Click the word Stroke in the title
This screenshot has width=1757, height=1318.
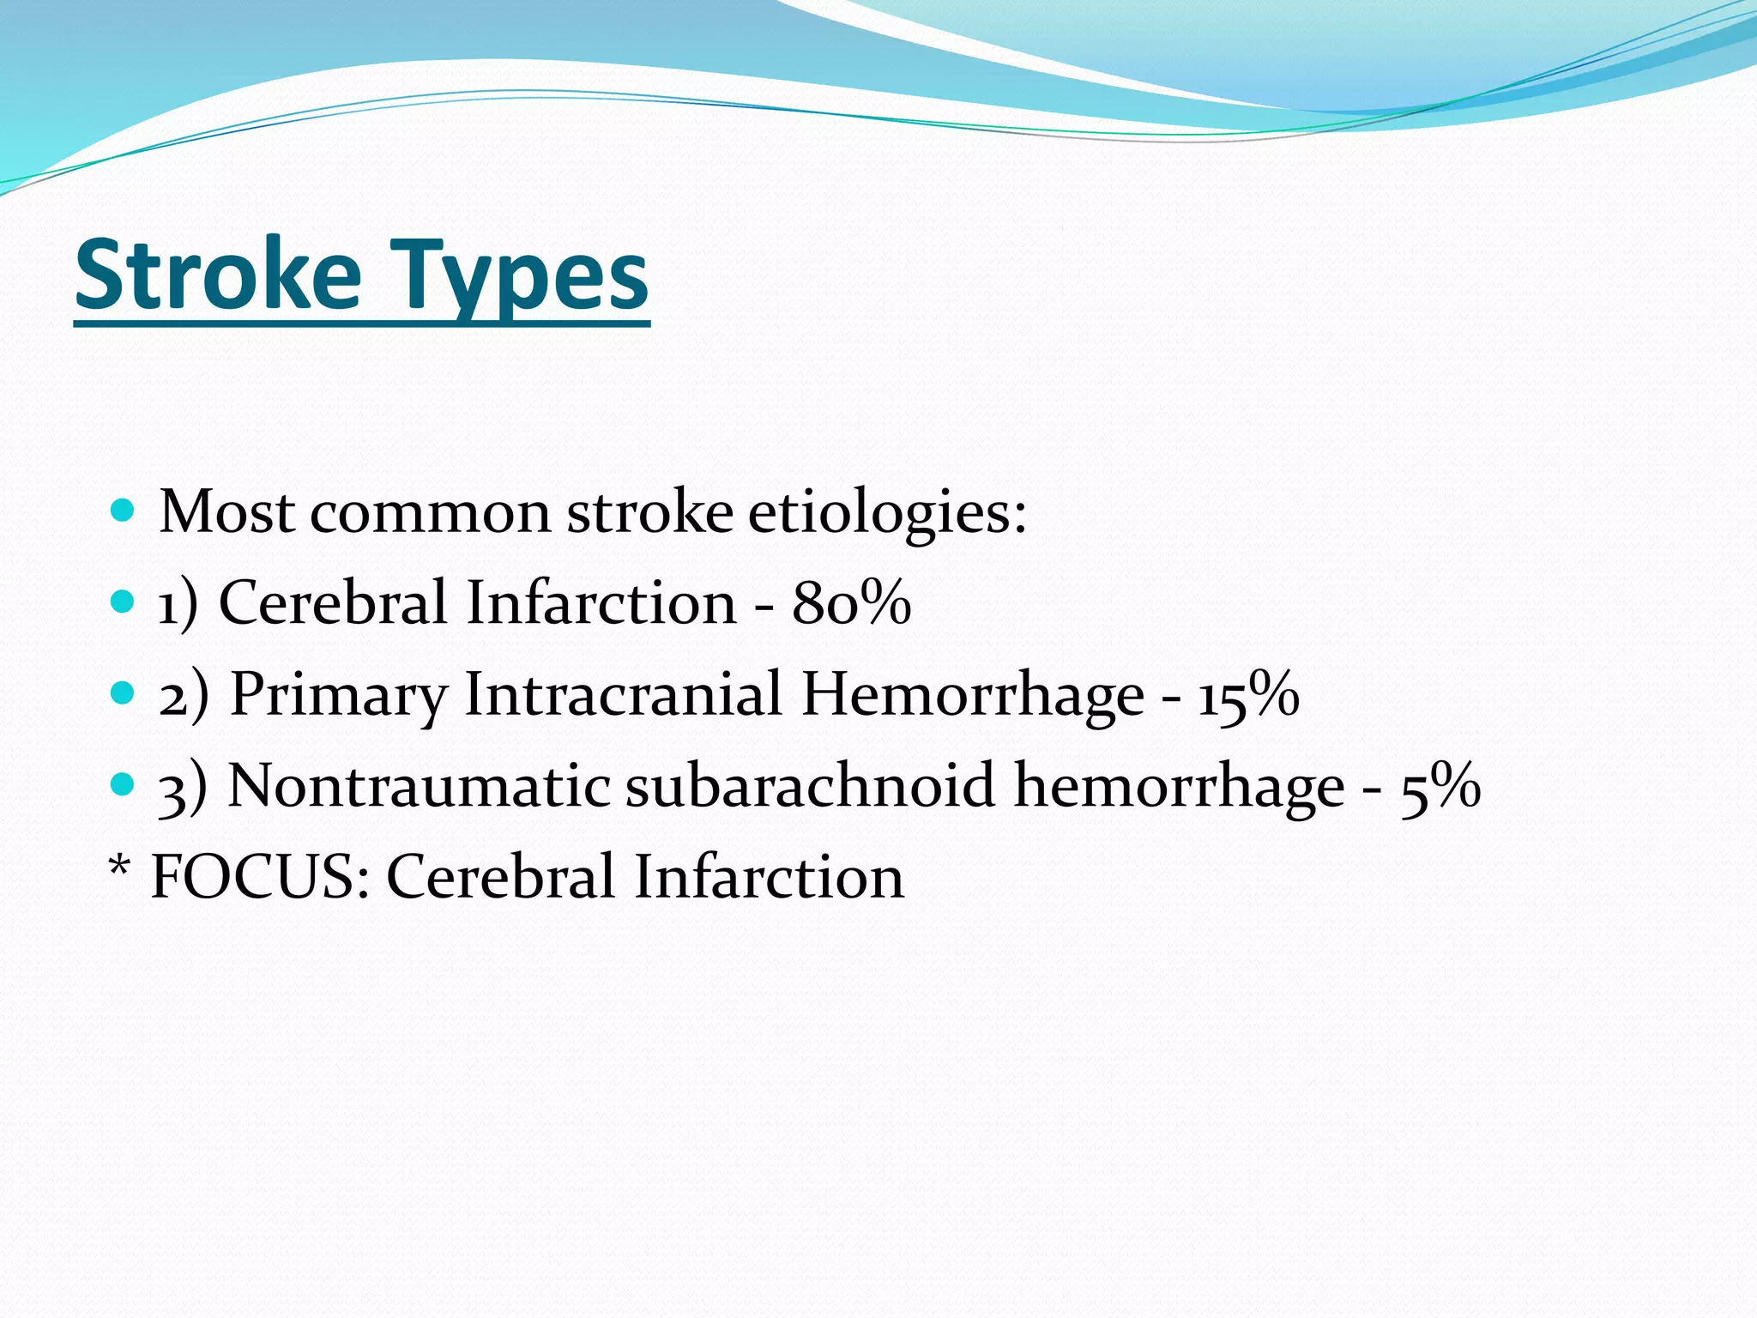(218, 275)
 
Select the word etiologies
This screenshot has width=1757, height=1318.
(887, 512)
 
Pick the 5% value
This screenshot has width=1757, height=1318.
(1440, 785)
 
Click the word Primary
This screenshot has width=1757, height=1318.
(339, 695)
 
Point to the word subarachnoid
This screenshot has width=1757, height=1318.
(810, 785)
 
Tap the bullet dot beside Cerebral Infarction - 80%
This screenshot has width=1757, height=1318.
(124, 602)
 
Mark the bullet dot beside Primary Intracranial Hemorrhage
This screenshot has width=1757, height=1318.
(124, 692)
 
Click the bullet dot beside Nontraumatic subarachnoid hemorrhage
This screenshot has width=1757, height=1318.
(124, 784)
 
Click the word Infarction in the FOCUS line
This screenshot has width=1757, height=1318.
(769, 877)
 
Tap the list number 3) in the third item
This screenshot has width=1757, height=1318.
(183, 787)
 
